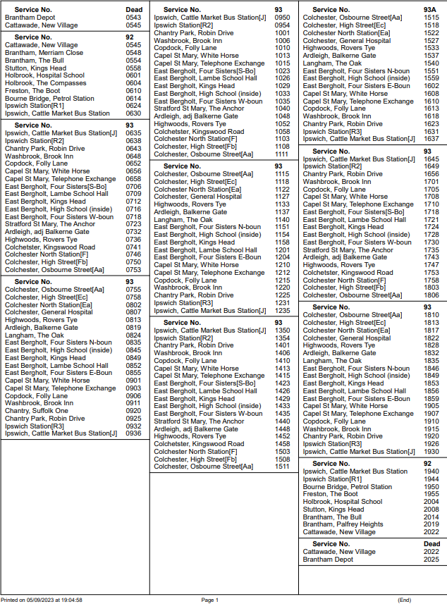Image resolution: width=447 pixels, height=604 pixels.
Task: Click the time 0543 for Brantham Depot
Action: [x=133, y=17]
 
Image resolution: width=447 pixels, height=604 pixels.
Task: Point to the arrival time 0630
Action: [x=133, y=113]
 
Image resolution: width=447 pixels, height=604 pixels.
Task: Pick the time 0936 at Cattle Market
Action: [x=133, y=433]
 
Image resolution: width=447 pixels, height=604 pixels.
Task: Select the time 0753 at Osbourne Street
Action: [x=133, y=269]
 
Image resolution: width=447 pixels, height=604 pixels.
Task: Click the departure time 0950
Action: [x=282, y=17]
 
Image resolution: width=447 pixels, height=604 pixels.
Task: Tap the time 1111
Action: [x=282, y=154]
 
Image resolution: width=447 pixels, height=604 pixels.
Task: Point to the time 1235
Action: [x=282, y=311]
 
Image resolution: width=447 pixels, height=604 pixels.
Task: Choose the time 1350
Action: [x=282, y=330]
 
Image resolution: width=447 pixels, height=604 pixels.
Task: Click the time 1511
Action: [x=282, y=467]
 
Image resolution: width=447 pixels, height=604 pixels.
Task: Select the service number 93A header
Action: [x=430, y=9]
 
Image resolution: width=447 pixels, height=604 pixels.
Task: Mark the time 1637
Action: [x=431, y=139]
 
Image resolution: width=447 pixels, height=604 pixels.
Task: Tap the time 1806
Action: [x=431, y=295]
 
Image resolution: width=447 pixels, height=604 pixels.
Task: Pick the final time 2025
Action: [x=431, y=560]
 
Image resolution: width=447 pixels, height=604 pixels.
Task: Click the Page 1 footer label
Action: [x=210, y=600]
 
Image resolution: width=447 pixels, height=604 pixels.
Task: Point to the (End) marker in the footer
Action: [x=405, y=600]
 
